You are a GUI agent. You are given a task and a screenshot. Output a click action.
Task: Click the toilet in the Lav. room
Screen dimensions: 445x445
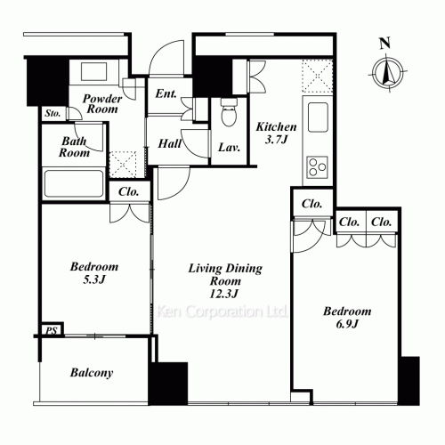point(229,112)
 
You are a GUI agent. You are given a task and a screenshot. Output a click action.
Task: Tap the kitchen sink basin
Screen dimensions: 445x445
point(318,117)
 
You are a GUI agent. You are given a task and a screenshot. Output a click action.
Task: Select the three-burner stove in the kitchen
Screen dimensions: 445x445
point(317,167)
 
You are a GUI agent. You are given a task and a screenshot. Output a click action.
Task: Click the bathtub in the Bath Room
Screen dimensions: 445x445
point(74,184)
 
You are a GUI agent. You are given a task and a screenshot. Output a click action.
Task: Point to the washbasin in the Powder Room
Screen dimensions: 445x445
point(93,71)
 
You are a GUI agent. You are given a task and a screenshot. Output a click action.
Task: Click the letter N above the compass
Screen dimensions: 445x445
point(385,44)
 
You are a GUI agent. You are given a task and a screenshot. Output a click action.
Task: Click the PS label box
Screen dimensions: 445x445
point(52,330)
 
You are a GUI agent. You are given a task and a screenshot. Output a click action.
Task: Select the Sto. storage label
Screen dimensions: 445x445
point(53,113)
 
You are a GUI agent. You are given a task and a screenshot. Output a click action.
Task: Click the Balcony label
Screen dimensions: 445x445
point(92,373)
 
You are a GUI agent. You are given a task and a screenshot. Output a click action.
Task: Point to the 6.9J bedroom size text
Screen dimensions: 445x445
point(347,324)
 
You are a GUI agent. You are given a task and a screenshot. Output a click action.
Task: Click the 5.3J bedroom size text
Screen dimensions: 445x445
point(94,279)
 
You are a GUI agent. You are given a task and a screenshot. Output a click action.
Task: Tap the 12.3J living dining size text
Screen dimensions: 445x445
point(224,294)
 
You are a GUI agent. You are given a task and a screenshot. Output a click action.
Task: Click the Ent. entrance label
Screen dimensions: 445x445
point(166,93)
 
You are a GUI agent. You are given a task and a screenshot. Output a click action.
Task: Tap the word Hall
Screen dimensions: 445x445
point(169,144)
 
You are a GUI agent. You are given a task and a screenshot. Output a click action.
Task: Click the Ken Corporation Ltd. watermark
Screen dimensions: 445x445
point(222,311)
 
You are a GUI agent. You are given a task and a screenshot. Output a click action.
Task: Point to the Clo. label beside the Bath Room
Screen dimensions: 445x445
point(128,192)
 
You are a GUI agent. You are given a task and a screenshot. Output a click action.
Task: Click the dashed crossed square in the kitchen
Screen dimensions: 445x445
point(317,77)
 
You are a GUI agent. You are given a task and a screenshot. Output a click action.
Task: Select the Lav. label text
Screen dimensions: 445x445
point(229,148)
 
